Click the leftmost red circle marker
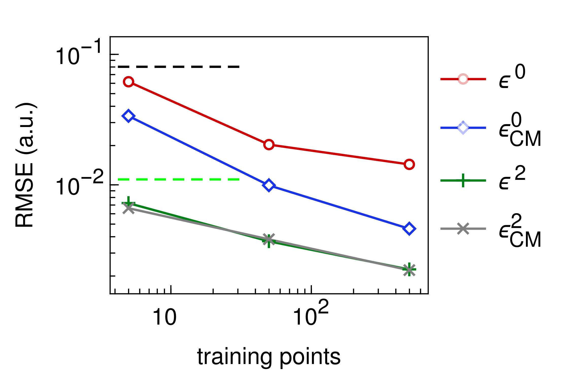pos(128,82)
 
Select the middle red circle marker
pos(269,145)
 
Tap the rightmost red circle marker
pos(409,165)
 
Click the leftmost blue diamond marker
pos(128,116)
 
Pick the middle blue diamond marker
pos(269,185)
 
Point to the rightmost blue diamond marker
pos(409,229)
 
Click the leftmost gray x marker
pos(129,209)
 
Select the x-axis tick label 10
pos(164,317)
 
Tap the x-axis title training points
pos(269,357)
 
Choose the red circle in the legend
pos(463,79)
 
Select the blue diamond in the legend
pos(463,128)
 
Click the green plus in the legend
pos(463,180)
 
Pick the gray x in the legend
pos(463,229)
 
